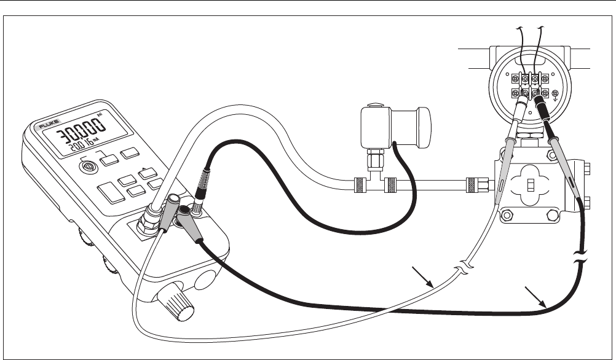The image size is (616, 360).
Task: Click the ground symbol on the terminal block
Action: tap(556, 95)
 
